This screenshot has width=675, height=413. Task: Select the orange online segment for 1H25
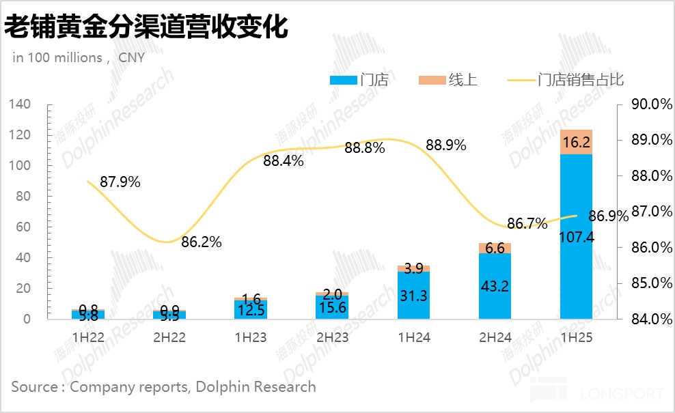[576, 142]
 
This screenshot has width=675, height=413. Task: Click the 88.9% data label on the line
[445, 145]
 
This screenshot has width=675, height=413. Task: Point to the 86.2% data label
[202, 242]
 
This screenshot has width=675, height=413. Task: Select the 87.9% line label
[120, 182]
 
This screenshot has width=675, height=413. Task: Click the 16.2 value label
[576, 143]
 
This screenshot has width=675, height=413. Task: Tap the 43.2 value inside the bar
[495, 286]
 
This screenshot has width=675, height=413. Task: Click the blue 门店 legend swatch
[343, 81]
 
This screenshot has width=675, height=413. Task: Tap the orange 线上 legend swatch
[432, 81]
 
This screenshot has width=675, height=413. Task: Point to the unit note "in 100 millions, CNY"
[79, 58]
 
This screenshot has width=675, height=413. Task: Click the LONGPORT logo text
[621, 394]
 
